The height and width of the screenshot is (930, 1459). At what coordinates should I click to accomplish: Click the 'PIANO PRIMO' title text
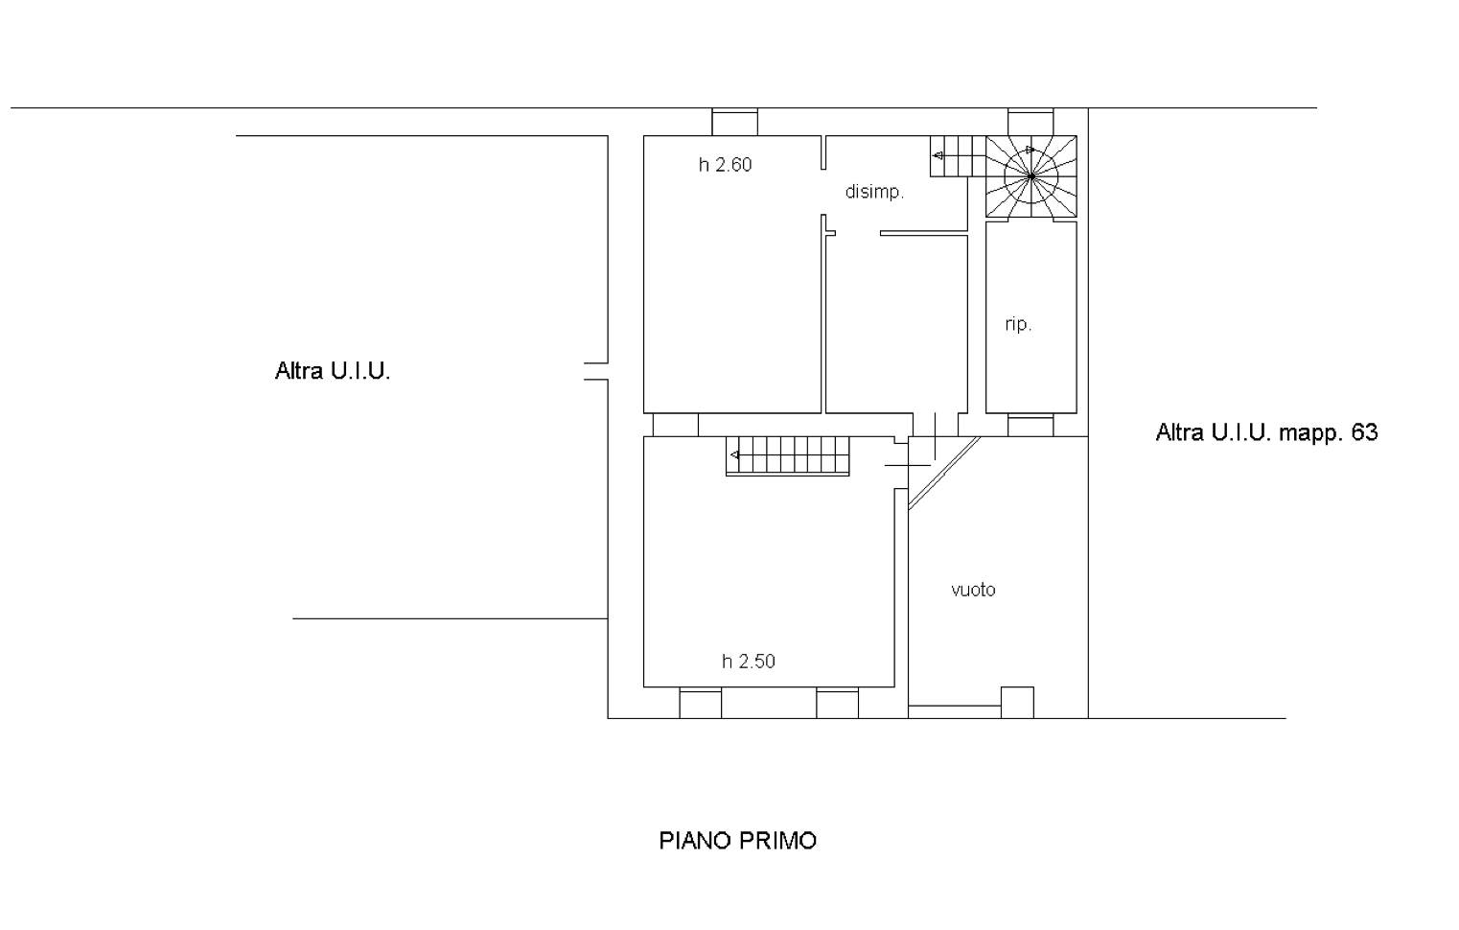click(x=737, y=841)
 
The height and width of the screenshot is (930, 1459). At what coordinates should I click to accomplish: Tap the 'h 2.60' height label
click(x=725, y=165)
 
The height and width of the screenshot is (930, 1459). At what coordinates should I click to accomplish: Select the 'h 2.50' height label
click(x=749, y=662)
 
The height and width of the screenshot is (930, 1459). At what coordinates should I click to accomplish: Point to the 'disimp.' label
click(x=874, y=192)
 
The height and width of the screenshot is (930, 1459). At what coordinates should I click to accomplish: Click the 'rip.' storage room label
click(x=1018, y=324)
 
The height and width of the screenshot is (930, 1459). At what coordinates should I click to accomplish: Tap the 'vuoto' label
click(x=973, y=590)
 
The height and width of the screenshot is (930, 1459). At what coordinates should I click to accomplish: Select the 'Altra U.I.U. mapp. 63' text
click(x=1266, y=432)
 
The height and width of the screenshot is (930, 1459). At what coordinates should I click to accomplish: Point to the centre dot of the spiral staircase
click(x=1031, y=176)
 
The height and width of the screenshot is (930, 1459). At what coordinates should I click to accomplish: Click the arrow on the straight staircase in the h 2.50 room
click(x=734, y=454)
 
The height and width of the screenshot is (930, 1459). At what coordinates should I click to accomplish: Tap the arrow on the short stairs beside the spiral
click(x=938, y=155)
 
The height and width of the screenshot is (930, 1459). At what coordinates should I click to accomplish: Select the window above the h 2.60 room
click(x=734, y=122)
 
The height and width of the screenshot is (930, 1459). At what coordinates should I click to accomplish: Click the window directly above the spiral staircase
click(x=1031, y=122)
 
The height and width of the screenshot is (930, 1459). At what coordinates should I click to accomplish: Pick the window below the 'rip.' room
click(x=1031, y=425)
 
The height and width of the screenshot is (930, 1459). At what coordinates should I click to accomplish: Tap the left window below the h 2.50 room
click(x=700, y=704)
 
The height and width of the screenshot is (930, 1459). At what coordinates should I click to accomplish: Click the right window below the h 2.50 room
click(x=838, y=704)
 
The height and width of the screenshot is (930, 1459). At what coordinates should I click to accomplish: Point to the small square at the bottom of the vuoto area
click(x=1017, y=703)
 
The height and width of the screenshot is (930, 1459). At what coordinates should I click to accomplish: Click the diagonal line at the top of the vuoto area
click(x=944, y=473)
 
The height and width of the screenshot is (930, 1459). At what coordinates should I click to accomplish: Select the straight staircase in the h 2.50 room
click(x=787, y=455)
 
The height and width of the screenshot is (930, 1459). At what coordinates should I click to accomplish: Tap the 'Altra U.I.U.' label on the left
click(x=333, y=371)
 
